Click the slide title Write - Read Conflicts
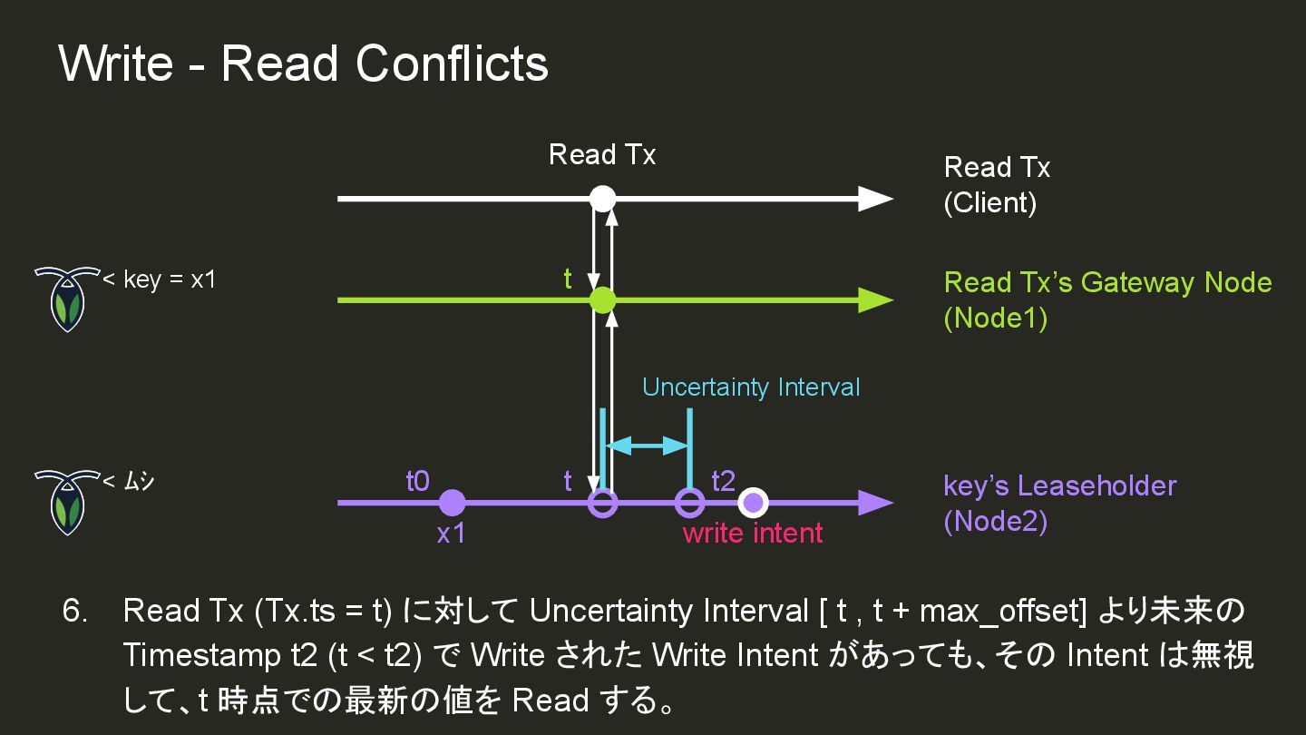point(303,64)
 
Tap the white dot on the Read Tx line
point(602,198)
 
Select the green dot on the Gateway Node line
point(602,300)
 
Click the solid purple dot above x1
point(452,502)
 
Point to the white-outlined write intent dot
point(753,502)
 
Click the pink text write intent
point(753,533)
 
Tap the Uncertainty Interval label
point(751,387)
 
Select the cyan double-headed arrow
point(647,445)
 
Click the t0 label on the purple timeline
point(417,481)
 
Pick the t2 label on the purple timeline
point(723,481)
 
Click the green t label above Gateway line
point(568,279)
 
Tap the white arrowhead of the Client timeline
point(874,198)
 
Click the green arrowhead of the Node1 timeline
point(874,300)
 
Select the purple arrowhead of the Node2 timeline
point(874,502)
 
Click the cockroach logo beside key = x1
point(66,298)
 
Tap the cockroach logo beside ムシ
point(66,501)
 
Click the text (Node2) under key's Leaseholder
point(995,522)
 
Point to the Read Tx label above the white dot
point(602,155)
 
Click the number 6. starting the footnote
point(75,611)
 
